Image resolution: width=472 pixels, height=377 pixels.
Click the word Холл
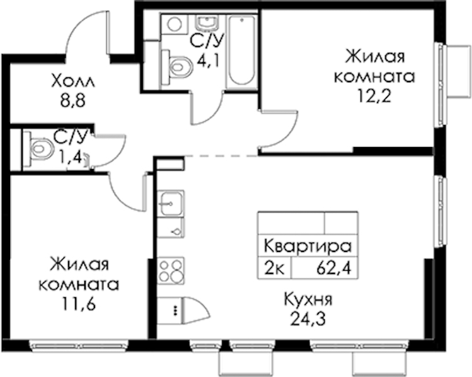click(73, 81)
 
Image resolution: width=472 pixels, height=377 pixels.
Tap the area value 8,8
click(73, 101)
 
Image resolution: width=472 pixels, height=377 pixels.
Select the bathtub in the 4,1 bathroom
click(242, 52)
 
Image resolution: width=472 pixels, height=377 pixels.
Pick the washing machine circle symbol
click(174, 24)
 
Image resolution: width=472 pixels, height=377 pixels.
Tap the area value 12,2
click(374, 96)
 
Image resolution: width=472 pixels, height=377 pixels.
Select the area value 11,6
click(79, 304)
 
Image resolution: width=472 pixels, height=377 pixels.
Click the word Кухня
click(308, 300)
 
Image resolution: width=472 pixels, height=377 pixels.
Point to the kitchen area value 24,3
click(308, 319)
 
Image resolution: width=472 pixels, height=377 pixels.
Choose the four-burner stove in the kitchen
click(171, 271)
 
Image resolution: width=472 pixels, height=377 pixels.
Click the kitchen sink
click(171, 203)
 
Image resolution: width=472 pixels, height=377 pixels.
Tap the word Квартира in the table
click(308, 246)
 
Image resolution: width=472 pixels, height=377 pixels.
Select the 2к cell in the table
click(274, 268)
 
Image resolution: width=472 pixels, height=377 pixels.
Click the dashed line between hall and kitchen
click(221, 156)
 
